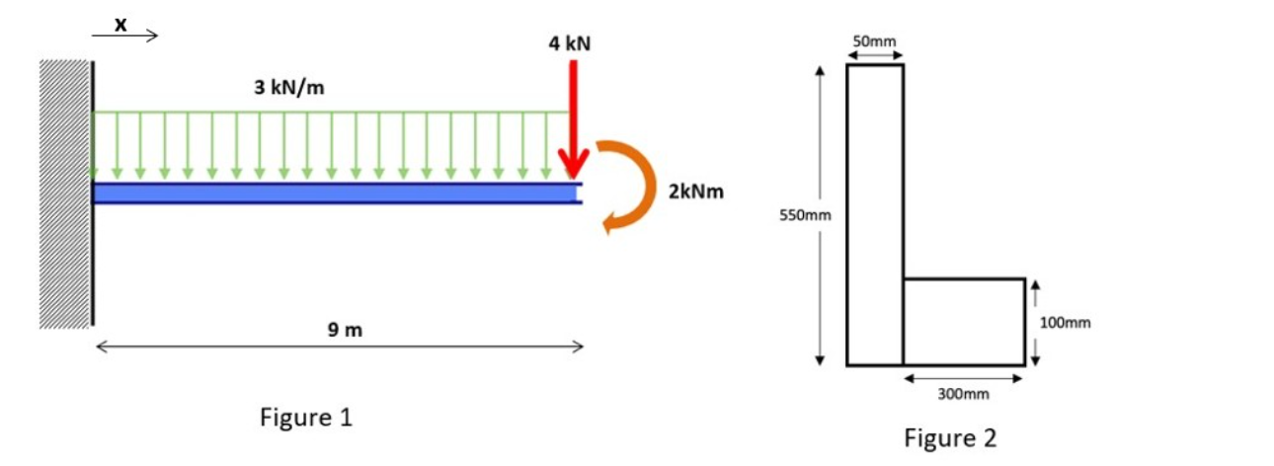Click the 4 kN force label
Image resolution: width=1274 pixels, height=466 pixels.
[x=570, y=44]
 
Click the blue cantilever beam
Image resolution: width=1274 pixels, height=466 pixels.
[x=336, y=193]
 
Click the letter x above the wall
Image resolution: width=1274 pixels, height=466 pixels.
[x=120, y=25]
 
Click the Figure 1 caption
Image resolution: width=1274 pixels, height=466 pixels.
[x=305, y=418]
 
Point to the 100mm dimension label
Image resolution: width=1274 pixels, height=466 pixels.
[x=1065, y=322]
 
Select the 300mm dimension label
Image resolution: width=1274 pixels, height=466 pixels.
[x=962, y=394]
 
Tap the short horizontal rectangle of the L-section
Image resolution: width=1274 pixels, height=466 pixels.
[x=964, y=322]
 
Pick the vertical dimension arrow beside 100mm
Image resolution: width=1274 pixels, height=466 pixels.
[x=1034, y=322]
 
